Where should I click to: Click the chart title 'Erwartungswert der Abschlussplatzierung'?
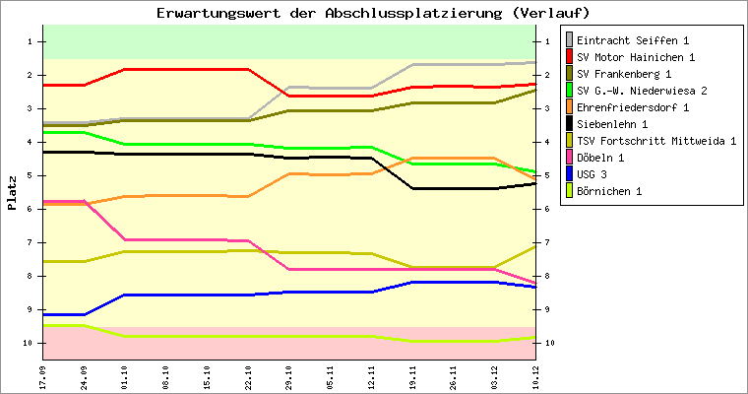[x=373, y=13]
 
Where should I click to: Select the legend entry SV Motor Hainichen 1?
[x=635, y=57]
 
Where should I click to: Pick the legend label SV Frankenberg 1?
[x=624, y=74]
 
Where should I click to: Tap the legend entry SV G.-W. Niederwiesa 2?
[x=642, y=91]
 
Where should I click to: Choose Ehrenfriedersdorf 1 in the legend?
[x=632, y=107]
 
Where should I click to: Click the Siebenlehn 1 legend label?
[x=611, y=124]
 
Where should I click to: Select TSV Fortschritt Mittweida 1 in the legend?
[x=655, y=141]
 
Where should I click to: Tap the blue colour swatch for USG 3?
[x=568, y=174]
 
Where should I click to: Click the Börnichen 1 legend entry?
[x=611, y=191]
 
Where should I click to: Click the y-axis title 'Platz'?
[x=13, y=192]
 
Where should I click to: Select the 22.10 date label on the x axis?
[x=248, y=375]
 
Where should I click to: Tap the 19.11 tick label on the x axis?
[x=412, y=375]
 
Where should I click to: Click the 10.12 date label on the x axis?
[x=535, y=375]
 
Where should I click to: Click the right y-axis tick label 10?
[x=547, y=343]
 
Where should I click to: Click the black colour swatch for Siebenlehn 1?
[x=568, y=124]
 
